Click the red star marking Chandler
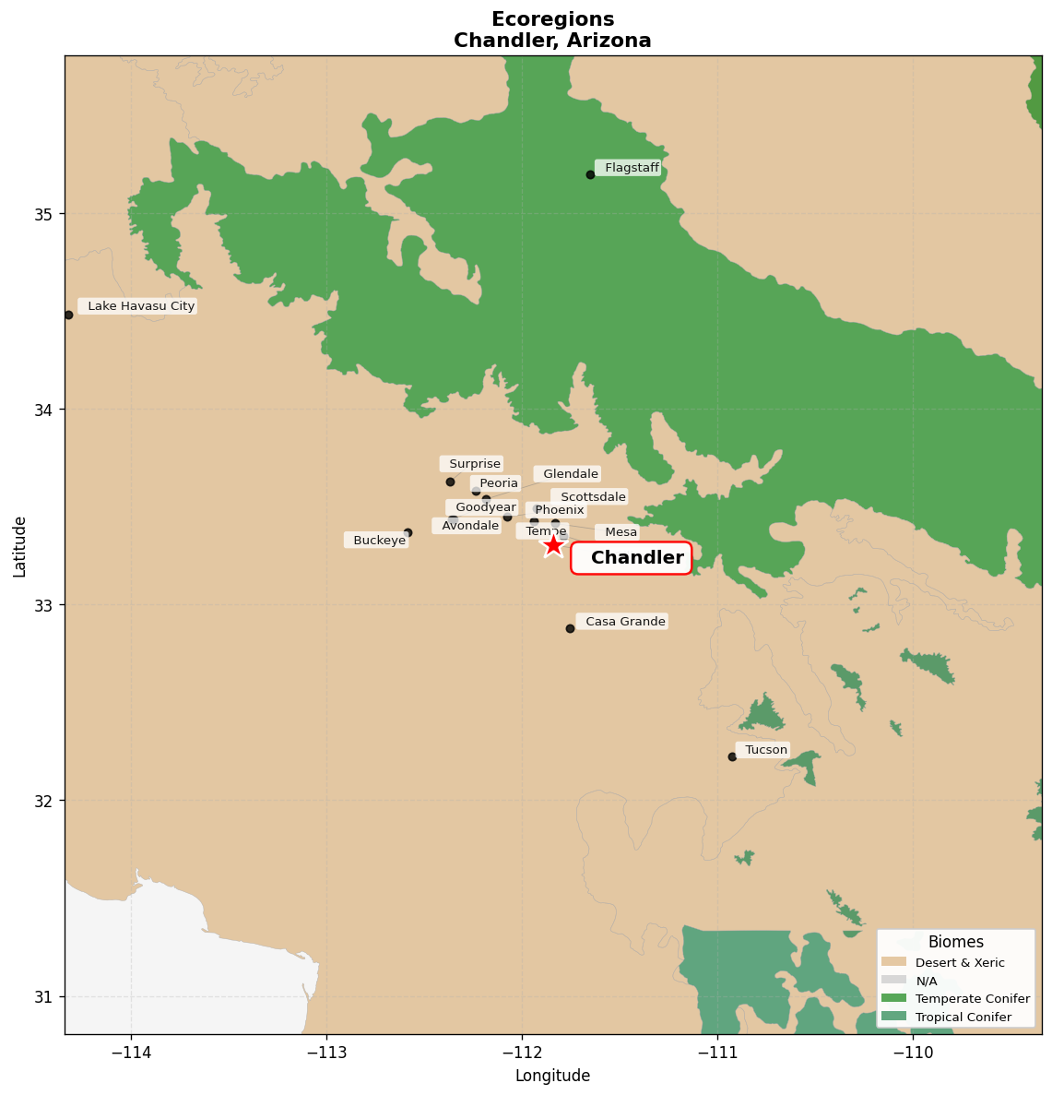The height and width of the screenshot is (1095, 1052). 552,545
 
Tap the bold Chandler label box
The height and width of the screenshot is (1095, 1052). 632,558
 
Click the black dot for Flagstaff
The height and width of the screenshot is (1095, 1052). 590,174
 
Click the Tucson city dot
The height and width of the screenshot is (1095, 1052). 732,756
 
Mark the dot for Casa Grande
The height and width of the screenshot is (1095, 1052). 570,628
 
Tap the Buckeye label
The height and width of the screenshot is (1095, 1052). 378,541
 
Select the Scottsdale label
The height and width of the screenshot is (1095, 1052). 592,497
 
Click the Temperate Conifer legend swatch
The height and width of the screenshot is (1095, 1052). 893,998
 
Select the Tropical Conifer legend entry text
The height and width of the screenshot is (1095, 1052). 963,1018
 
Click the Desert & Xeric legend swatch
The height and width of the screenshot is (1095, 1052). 893,962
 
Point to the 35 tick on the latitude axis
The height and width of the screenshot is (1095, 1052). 43,214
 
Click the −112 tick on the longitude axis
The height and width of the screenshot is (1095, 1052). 521,1053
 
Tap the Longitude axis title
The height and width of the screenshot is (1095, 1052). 552,1076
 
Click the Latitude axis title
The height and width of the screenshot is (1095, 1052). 19,545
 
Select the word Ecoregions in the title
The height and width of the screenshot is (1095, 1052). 552,19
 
